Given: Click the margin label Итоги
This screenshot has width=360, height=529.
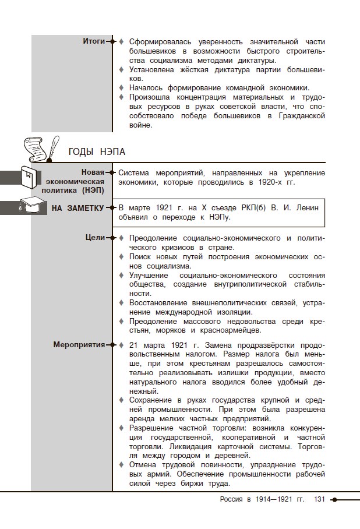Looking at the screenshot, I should tap(94, 41).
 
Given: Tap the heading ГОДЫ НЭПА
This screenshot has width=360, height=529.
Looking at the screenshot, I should tap(97, 152).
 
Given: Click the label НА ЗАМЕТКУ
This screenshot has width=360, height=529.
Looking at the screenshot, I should tap(77, 208).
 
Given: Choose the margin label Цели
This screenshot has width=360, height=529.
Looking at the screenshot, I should tap(95, 238).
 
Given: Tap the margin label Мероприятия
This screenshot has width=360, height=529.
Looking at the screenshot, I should tap(79, 344).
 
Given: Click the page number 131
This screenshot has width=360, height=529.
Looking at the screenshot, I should tap(319, 499).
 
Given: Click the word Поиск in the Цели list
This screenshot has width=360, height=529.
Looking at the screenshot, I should tap(140, 256).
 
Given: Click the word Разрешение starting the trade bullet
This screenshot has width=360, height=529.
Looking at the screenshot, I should tap(151, 428).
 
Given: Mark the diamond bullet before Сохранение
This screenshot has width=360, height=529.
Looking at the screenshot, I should tap(122, 400).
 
